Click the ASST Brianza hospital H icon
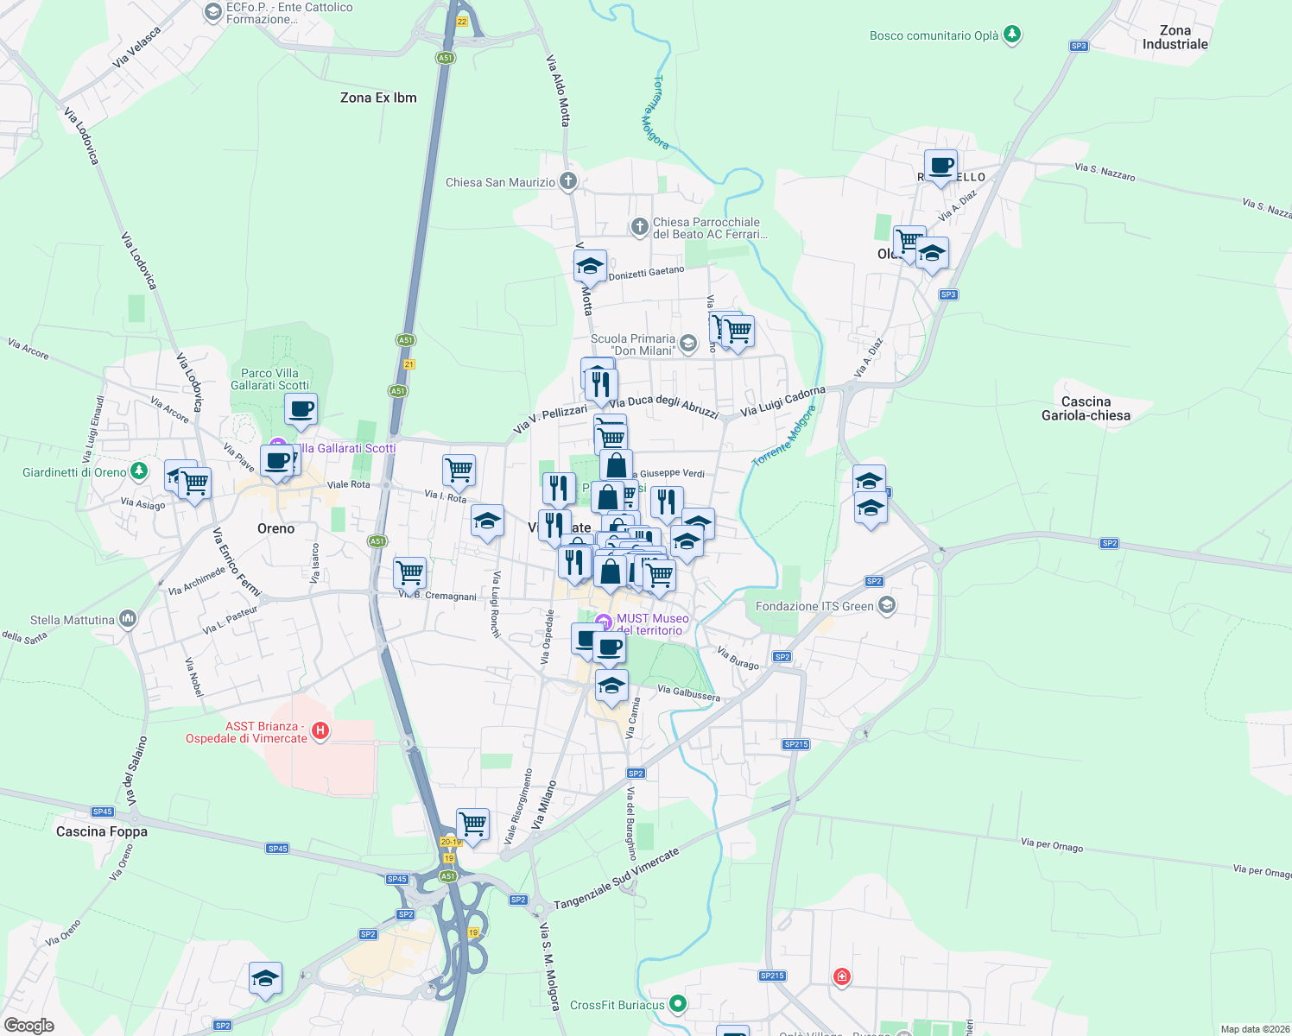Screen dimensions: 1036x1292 [320, 732]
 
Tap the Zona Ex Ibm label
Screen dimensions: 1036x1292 [378, 98]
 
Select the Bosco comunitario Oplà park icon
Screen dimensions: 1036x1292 [1012, 35]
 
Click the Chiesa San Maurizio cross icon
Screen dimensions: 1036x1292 [567, 181]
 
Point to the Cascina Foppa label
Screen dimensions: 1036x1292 [102, 831]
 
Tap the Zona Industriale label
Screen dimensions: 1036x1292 [1175, 37]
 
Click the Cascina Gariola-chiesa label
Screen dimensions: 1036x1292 [1086, 408]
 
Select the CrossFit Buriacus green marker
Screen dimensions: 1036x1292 [678, 1004]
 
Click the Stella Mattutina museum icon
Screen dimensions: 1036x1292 [128, 618]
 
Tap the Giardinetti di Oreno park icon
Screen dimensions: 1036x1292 [138, 471]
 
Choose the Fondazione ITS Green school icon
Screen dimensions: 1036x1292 [886, 605]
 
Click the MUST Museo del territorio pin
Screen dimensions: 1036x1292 [604, 621]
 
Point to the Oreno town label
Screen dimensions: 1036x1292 [276, 528]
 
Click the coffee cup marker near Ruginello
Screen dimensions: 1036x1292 [940, 164]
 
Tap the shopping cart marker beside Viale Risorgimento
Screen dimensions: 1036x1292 [472, 824]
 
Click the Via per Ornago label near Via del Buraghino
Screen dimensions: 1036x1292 [1052, 845]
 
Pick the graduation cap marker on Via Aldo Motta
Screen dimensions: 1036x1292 [590, 265]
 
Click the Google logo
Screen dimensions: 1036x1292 [29, 1026]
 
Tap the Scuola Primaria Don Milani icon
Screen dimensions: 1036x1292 [688, 344]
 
